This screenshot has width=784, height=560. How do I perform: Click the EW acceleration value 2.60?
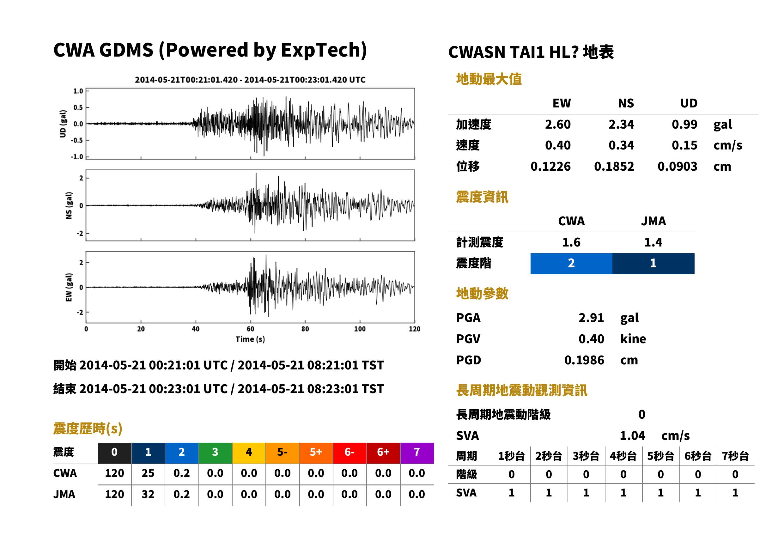557,125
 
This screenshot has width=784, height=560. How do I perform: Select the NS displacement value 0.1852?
614,167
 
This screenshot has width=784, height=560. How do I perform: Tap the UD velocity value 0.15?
684,145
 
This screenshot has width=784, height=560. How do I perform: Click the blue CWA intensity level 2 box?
571,264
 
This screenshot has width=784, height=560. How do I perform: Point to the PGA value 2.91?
591,318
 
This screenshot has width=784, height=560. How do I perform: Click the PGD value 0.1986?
584,360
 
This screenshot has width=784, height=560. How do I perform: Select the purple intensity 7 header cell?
417,453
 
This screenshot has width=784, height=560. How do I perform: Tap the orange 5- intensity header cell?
283,453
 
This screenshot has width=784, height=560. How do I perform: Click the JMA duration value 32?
148,495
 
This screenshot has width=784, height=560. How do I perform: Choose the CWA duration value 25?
148,473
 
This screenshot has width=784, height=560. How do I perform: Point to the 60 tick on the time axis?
251,329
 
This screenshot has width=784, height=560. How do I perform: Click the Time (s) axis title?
250,339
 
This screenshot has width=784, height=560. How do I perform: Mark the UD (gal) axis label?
63,124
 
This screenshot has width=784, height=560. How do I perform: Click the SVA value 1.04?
632,436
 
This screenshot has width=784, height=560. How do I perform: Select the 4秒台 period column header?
623,456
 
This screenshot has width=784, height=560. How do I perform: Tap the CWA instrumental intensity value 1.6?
571,242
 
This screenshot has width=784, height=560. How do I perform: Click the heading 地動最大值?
489,79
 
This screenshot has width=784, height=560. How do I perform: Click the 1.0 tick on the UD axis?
78,91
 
